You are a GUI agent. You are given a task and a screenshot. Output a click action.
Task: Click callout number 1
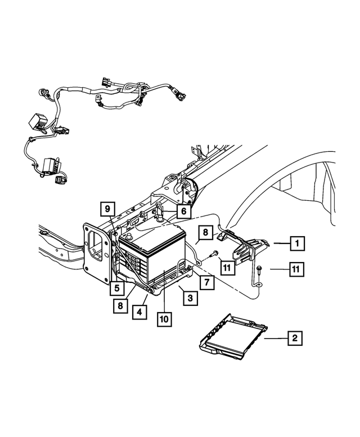295,244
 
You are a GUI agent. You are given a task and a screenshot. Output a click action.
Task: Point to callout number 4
137,310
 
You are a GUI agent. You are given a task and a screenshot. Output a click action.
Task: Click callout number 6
182,211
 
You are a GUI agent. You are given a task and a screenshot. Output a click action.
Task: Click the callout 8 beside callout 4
119,306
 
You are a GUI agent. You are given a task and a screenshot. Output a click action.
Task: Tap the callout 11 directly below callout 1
295,270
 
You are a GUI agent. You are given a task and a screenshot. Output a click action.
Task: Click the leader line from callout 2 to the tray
275,338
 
